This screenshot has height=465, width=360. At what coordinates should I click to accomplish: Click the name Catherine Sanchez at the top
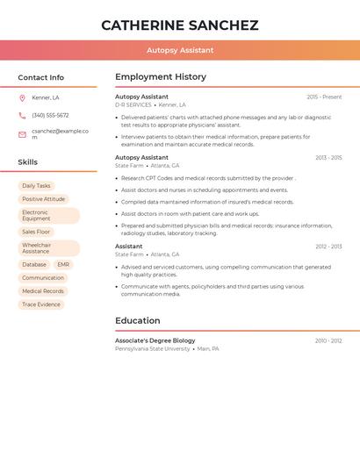tap(180, 25)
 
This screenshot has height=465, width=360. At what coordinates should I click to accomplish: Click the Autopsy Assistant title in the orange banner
tap(180, 50)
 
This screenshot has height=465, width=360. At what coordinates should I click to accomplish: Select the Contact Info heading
tap(41, 77)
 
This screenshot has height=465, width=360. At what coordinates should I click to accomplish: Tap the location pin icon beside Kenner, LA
tap(22, 97)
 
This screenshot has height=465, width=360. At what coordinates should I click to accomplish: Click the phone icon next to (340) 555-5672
tap(22, 115)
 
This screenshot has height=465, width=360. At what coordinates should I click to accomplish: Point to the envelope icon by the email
tap(22, 134)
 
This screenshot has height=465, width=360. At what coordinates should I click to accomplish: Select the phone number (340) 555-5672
tap(50, 115)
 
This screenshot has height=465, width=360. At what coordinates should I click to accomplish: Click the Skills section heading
tap(28, 162)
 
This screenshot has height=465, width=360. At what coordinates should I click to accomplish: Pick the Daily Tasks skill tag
tap(36, 186)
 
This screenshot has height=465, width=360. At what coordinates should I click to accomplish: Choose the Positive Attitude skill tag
tap(44, 199)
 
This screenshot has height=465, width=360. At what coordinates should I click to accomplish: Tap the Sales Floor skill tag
tap(36, 232)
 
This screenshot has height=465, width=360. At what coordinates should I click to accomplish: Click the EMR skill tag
tap(63, 264)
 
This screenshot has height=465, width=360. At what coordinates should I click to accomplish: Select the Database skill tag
tap(34, 264)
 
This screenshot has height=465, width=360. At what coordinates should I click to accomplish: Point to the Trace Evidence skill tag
tap(41, 304)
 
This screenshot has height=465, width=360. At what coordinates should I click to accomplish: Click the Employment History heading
tap(161, 77)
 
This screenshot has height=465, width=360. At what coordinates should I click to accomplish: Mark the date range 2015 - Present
tap(324, 97)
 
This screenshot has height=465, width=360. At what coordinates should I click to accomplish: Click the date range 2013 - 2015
tap(328, 158)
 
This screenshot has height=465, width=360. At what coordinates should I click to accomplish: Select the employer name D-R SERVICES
tap(133, 104)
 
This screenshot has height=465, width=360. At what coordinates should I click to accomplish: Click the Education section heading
tap(138, 320)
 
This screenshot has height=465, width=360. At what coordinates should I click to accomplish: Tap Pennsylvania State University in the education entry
tap(153, 348)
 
